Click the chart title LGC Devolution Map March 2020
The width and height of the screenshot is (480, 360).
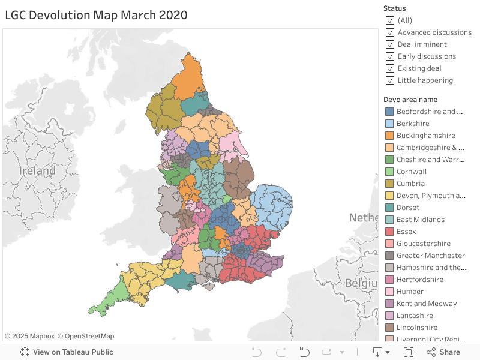pyautogui.click(x=96, y=15)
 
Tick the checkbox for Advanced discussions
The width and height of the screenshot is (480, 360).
pyautogui.click(x=390, y=32)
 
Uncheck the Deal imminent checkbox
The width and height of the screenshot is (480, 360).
pyautogui.click(x=390, y=44)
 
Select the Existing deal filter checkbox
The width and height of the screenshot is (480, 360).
pyautogui.click(x=390, y=68)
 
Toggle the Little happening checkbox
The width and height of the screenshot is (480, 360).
pyautogui.click(x=390, y=80)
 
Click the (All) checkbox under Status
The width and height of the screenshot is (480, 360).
pyautogui.click(x=390, y=20)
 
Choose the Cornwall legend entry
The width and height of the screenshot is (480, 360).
pyautogui.click(x=412, y=172)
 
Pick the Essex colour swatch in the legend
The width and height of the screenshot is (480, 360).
pyautogui.click(x=389, y=232)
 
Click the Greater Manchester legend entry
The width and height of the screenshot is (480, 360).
pyautogui.click(x=430, y=256)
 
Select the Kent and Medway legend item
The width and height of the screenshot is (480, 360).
pyautogui.click(x=426, y=304)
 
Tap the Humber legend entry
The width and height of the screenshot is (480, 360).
pyautogui.click(x=410, y=292)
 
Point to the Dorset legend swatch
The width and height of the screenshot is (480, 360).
pyautogui.click(x=389, y=208)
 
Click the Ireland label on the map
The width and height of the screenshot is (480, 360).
pyautogui.click(x=37, y=171)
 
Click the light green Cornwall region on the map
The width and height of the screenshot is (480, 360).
pyautogui.click(x=111, y=297)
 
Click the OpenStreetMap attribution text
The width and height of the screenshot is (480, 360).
pyautogui.click(x=85, y=336)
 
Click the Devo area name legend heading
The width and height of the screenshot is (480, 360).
pyautogui.click(x=410, y=100)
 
